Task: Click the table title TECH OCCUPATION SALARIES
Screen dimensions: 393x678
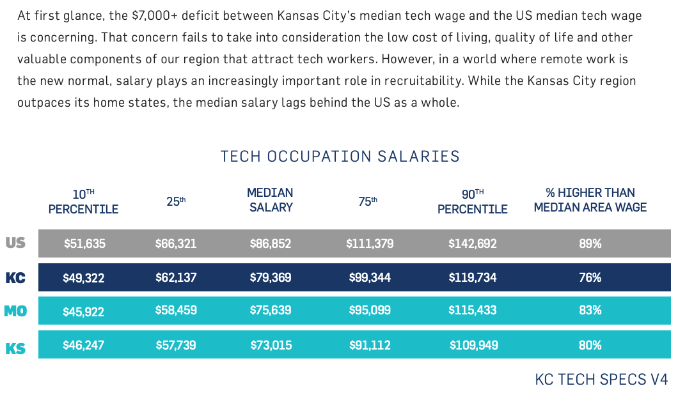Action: pos(340,157)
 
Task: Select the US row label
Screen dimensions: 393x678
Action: pos(16,243)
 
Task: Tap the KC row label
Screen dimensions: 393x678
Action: pos(16,277)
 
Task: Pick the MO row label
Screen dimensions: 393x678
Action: pos(15,311)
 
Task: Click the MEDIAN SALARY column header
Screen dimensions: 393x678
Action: pos(271,200)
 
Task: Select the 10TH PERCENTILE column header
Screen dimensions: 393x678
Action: pos(84,201)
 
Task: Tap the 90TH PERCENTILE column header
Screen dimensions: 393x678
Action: pos(473,201)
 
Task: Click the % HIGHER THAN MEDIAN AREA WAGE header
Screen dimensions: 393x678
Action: pos(590,200)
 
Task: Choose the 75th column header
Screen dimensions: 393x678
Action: pos(368,201)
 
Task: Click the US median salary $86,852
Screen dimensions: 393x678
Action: pos(271,243)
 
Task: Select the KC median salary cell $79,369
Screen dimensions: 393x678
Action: pos(271,277)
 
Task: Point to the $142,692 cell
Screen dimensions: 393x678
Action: pos(472,243)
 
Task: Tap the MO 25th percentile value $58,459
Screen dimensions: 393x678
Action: pos(176,311)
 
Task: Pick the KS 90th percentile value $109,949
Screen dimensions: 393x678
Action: pos(473,345)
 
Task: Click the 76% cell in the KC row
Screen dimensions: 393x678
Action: pos(590,277)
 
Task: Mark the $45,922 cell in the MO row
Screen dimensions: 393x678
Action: pos(84,312)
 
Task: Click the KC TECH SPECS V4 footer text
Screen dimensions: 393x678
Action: pos(601,379)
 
